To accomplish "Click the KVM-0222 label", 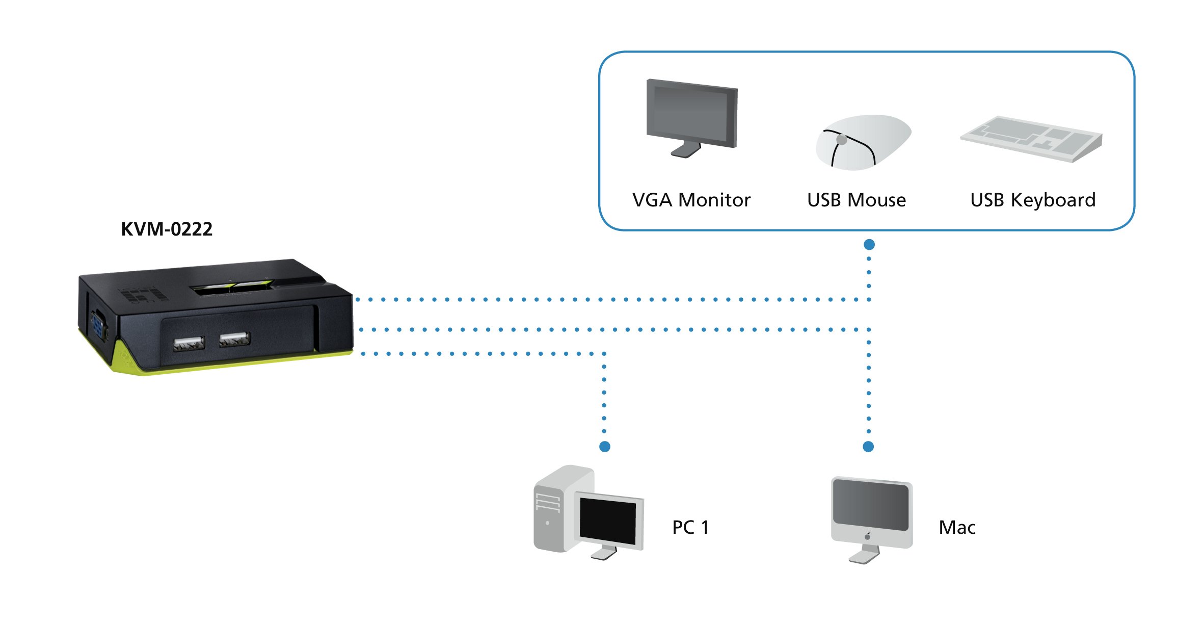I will point(167,229).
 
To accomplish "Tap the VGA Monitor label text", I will point(691,200).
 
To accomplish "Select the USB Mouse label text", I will point(857,200).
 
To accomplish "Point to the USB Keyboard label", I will point(1033,200).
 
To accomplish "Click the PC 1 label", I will point(690,527).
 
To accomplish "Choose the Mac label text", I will point(957,527).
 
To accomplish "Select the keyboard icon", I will point(1032,139).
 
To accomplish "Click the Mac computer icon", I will point(871,515).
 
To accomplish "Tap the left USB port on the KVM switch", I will point(189,344).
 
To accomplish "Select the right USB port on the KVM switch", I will point(234,339).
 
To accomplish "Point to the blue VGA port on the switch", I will point(99,325).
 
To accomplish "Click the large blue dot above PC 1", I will point(605,447).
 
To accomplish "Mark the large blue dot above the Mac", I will point(868,447).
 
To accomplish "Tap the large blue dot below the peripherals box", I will point(869,245).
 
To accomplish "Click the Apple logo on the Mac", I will point(868,536).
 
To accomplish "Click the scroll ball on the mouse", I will point(842,139).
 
